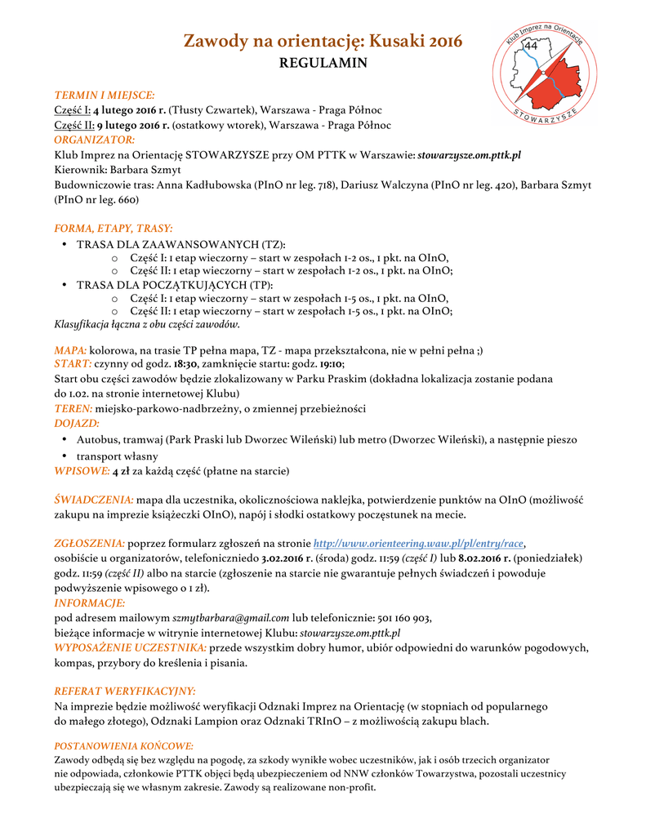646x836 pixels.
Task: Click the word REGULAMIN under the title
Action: point(323,63)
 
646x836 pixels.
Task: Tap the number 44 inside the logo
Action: point(531,47)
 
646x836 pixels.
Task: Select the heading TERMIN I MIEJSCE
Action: point(105,96)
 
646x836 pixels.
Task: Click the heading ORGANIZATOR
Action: point(94,140)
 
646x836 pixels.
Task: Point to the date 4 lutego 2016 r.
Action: point(129,110)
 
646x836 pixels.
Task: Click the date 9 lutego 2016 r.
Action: point(131,125)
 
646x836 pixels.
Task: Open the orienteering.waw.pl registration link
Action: point(418,544)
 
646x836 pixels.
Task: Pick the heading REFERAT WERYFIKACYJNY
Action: point(124,691)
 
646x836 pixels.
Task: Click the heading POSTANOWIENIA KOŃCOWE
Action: point(123,745)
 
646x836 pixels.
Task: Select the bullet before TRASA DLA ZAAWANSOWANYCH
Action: point(65,244)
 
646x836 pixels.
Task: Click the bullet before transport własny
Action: point(65,456)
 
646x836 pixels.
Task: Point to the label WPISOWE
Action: point(82,471)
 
